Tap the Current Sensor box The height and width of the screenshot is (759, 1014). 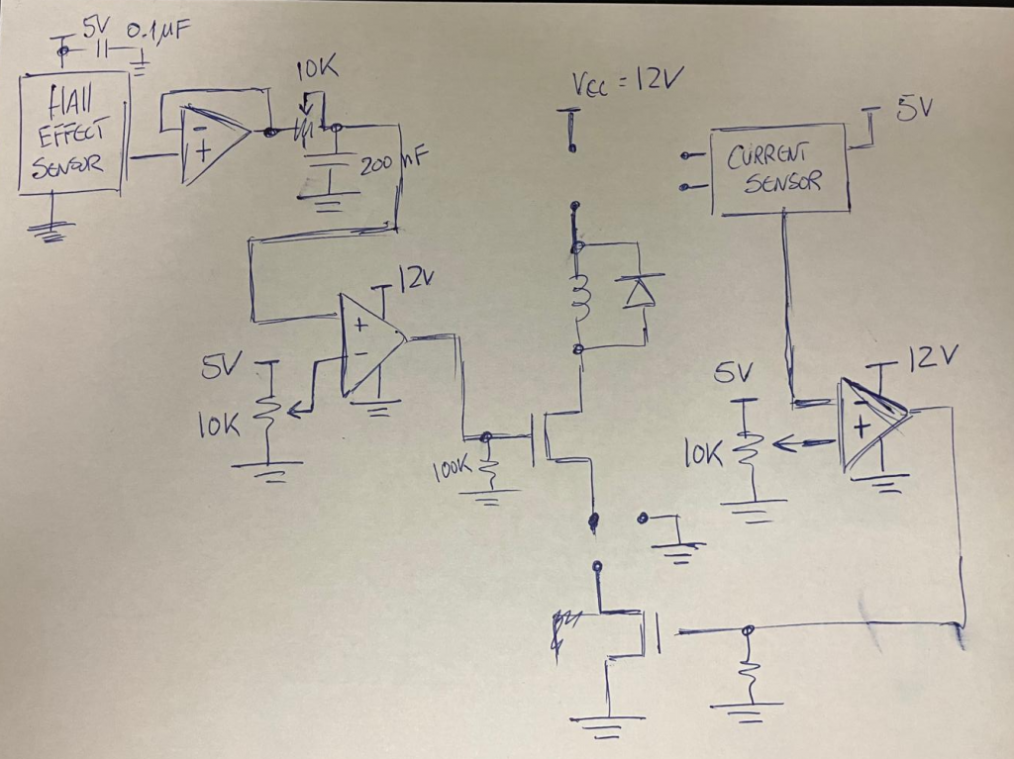780,168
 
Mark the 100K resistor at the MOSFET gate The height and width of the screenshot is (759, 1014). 487,471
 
